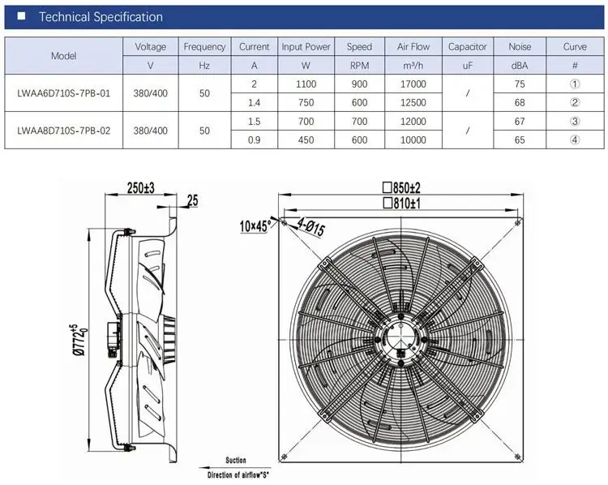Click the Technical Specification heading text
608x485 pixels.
(x=101, y=17)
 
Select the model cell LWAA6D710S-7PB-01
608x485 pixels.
(x=63, y=93)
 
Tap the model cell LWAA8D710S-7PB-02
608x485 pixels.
(x=63, y=131)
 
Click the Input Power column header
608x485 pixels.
(x=306, y=47)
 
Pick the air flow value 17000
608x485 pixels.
(x=413, y=84)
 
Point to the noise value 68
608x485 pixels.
(x=520, y=103)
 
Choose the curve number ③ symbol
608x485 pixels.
(x=575, y=122)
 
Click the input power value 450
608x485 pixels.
(x=306, y=140)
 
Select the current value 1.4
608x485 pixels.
(x=254, y=103)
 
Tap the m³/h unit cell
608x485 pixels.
(x=413, y=66)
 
